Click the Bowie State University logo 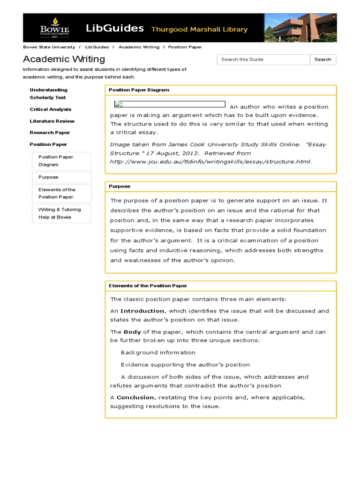tap(55, 28)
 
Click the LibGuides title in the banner tap(115, 29)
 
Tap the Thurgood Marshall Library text tap(199, 30)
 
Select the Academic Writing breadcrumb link tap(139, 47)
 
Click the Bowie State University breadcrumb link tap(49, 47)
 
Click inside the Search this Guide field tap(263, 60)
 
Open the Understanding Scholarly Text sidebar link tap(48, 94)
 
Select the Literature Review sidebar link tap(52, 121)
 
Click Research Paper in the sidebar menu tap(50, 133)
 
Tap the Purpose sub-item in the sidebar tap(48, 177)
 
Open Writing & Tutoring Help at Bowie tap(60, 213)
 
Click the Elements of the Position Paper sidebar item tap(57, 193)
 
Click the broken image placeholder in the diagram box tap(170, 105)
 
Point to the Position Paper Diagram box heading tap(139, 90)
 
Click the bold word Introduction tap(142, 311)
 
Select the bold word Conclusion tap(135, 397)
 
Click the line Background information tap(158, 352)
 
